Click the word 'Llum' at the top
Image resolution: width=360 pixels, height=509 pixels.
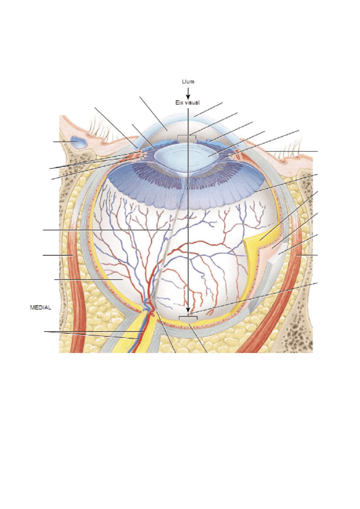point(188,82)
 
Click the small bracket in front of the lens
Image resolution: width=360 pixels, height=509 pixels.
point(187,137)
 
